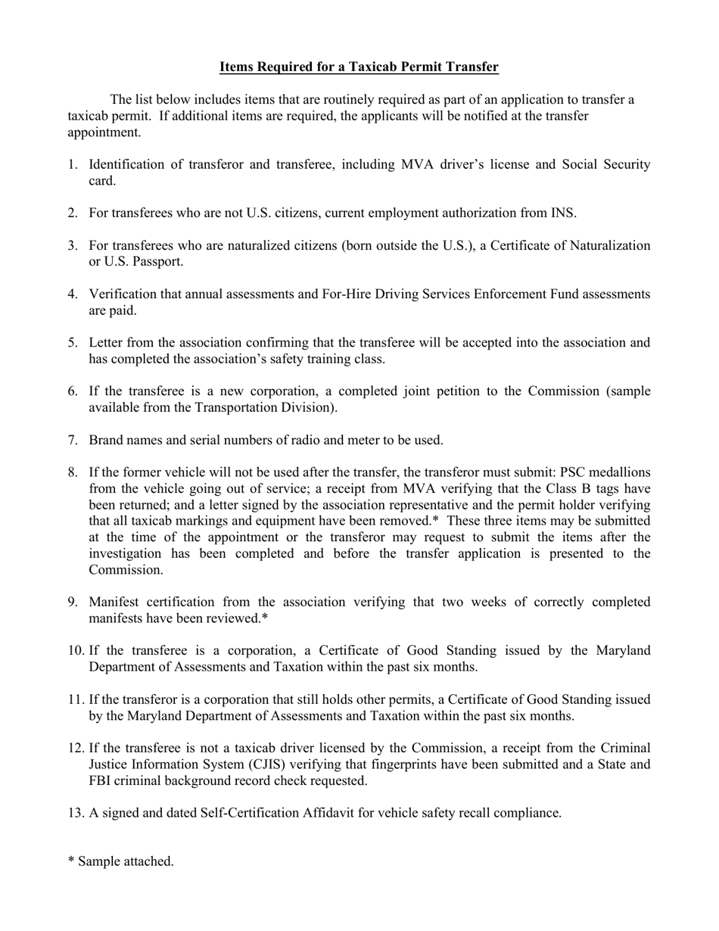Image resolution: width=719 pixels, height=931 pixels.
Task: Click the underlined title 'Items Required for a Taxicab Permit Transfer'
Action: tap(359, 67)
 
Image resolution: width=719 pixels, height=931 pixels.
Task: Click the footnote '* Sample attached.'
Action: tap(121, 861)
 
